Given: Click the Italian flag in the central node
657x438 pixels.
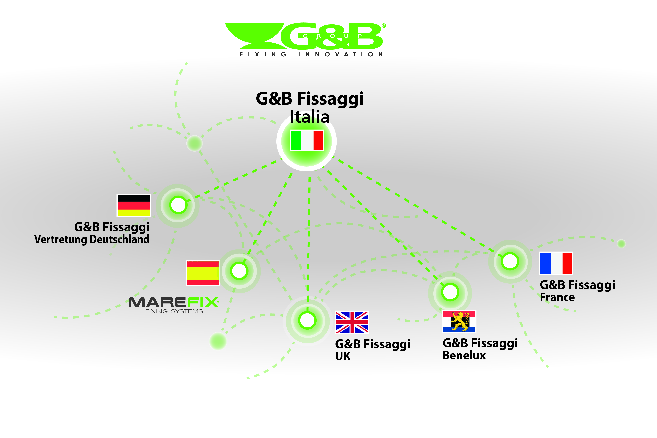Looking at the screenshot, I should click(307, 140).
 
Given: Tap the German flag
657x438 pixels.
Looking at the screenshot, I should click(134, 205).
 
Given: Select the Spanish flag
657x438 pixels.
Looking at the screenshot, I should click(203, 273).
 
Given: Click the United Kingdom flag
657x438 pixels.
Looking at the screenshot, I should click(352, 322).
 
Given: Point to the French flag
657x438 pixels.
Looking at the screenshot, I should click(556, 263).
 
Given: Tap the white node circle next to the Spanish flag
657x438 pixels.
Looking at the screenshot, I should click(239, 271).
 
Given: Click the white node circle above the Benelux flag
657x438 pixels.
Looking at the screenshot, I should click(450, 292).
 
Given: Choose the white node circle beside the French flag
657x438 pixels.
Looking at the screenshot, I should click(510, 261).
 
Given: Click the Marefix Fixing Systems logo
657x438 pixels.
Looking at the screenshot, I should click(174, 305).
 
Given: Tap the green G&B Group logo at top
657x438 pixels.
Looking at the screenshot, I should click(305, 36).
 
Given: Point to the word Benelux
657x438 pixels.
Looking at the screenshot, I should click(464, 355).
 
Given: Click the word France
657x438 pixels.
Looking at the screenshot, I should click(557, 297).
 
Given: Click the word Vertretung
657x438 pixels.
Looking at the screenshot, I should click(60, 239).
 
